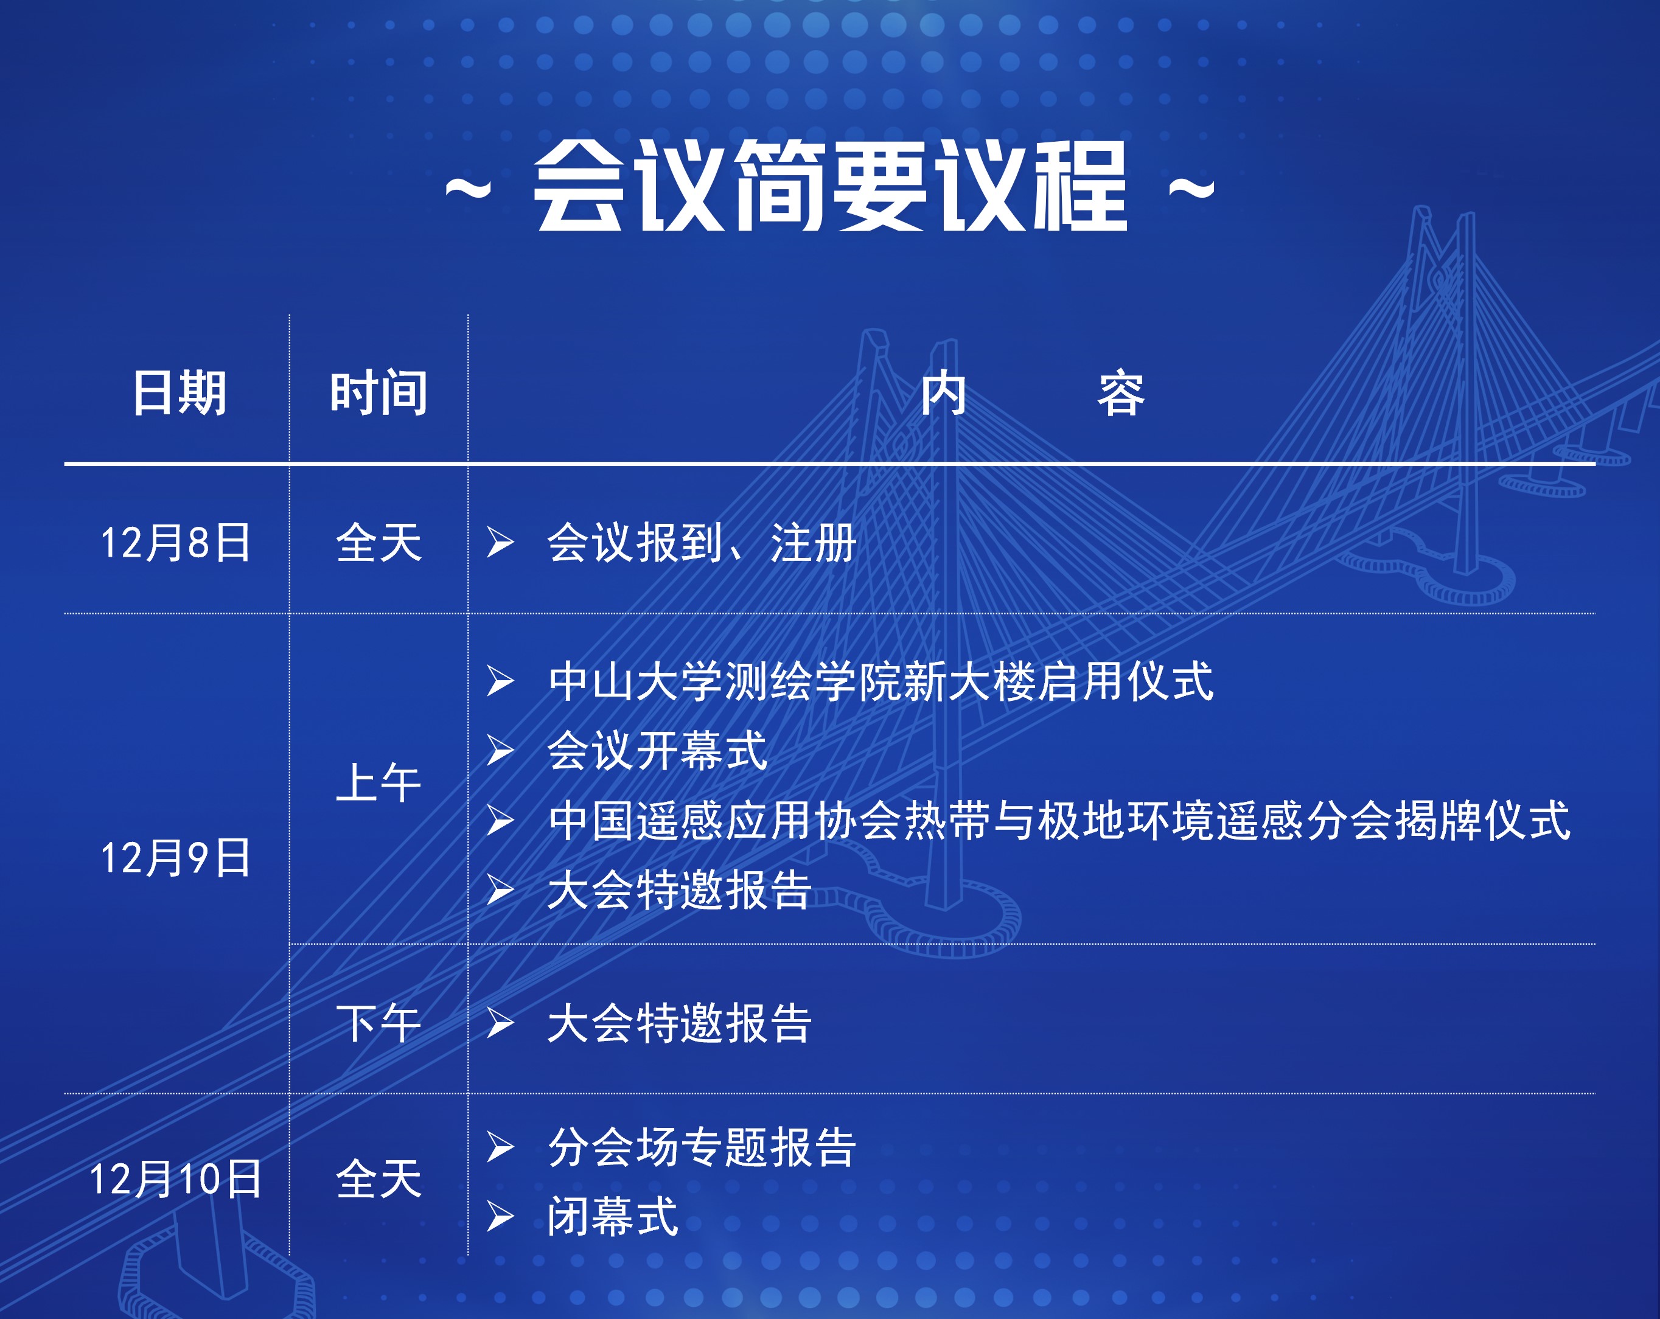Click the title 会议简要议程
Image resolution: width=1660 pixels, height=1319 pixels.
(x=831, y=186)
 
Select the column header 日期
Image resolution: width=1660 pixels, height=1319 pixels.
(x=180, y=392)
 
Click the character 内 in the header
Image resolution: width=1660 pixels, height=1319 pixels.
(x=944, y=392)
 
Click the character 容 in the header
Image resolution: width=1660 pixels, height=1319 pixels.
(x=1121, y=392)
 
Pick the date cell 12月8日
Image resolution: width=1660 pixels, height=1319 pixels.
(x=175, y=543)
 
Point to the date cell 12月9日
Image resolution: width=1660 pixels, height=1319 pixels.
(x=175, y=858)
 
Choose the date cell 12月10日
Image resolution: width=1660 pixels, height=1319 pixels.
(x=175, y=1179)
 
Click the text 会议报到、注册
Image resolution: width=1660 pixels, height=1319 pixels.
(x=702, y=543)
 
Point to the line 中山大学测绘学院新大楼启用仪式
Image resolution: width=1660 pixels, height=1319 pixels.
(x=881, y=681)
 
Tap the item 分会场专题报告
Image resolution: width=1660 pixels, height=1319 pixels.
(x=702, y=1147)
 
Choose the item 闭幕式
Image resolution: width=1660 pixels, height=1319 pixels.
(x=613, y=1217)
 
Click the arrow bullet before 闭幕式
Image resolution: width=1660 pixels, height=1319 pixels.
(x=500, y=1217)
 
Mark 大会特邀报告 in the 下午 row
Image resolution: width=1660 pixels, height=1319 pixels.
(x=679, y=1023)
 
